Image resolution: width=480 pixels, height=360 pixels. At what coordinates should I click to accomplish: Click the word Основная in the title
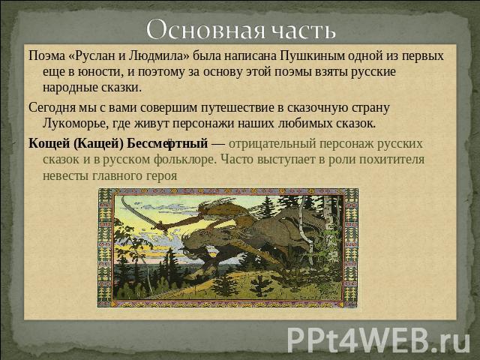(205, 30)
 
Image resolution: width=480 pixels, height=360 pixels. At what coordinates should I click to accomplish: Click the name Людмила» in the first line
(159, 56)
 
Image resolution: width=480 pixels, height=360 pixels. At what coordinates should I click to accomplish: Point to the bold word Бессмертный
(167, 143)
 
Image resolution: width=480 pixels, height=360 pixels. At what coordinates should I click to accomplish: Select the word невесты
(61, 176)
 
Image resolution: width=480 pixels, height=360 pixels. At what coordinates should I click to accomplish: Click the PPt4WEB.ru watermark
(378, 340)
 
